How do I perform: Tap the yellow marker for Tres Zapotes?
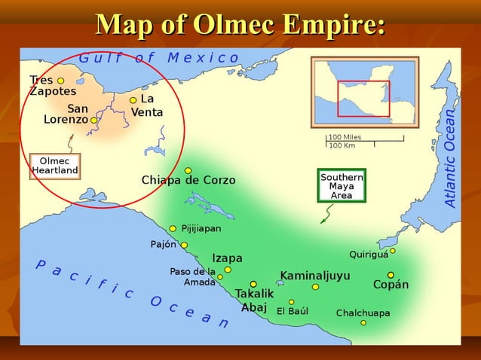pos(60,81)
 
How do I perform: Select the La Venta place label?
pos(147,105)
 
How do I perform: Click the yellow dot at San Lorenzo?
pos(94,120)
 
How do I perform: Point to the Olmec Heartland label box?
pos(54,166)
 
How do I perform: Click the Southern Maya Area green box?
pos(342,186)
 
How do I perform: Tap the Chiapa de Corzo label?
pos(188,181)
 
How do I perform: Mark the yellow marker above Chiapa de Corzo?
pos(188,170)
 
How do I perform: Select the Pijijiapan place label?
pos(201,228)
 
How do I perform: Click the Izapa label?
pos(227,258)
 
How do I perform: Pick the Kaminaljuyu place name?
pos(315,276)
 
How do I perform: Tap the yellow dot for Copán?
pos(391,275)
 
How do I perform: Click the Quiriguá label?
pos(369,255)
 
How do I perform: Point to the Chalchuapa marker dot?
pos(363,322)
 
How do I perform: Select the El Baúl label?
pos(292,311)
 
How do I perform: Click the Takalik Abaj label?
pos(253,300)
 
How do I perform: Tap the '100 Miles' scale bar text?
pos(345,137)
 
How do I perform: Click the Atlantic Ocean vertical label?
pos(450,158)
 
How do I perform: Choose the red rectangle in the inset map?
pos(363,98)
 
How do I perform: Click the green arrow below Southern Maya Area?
pos(326,216)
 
